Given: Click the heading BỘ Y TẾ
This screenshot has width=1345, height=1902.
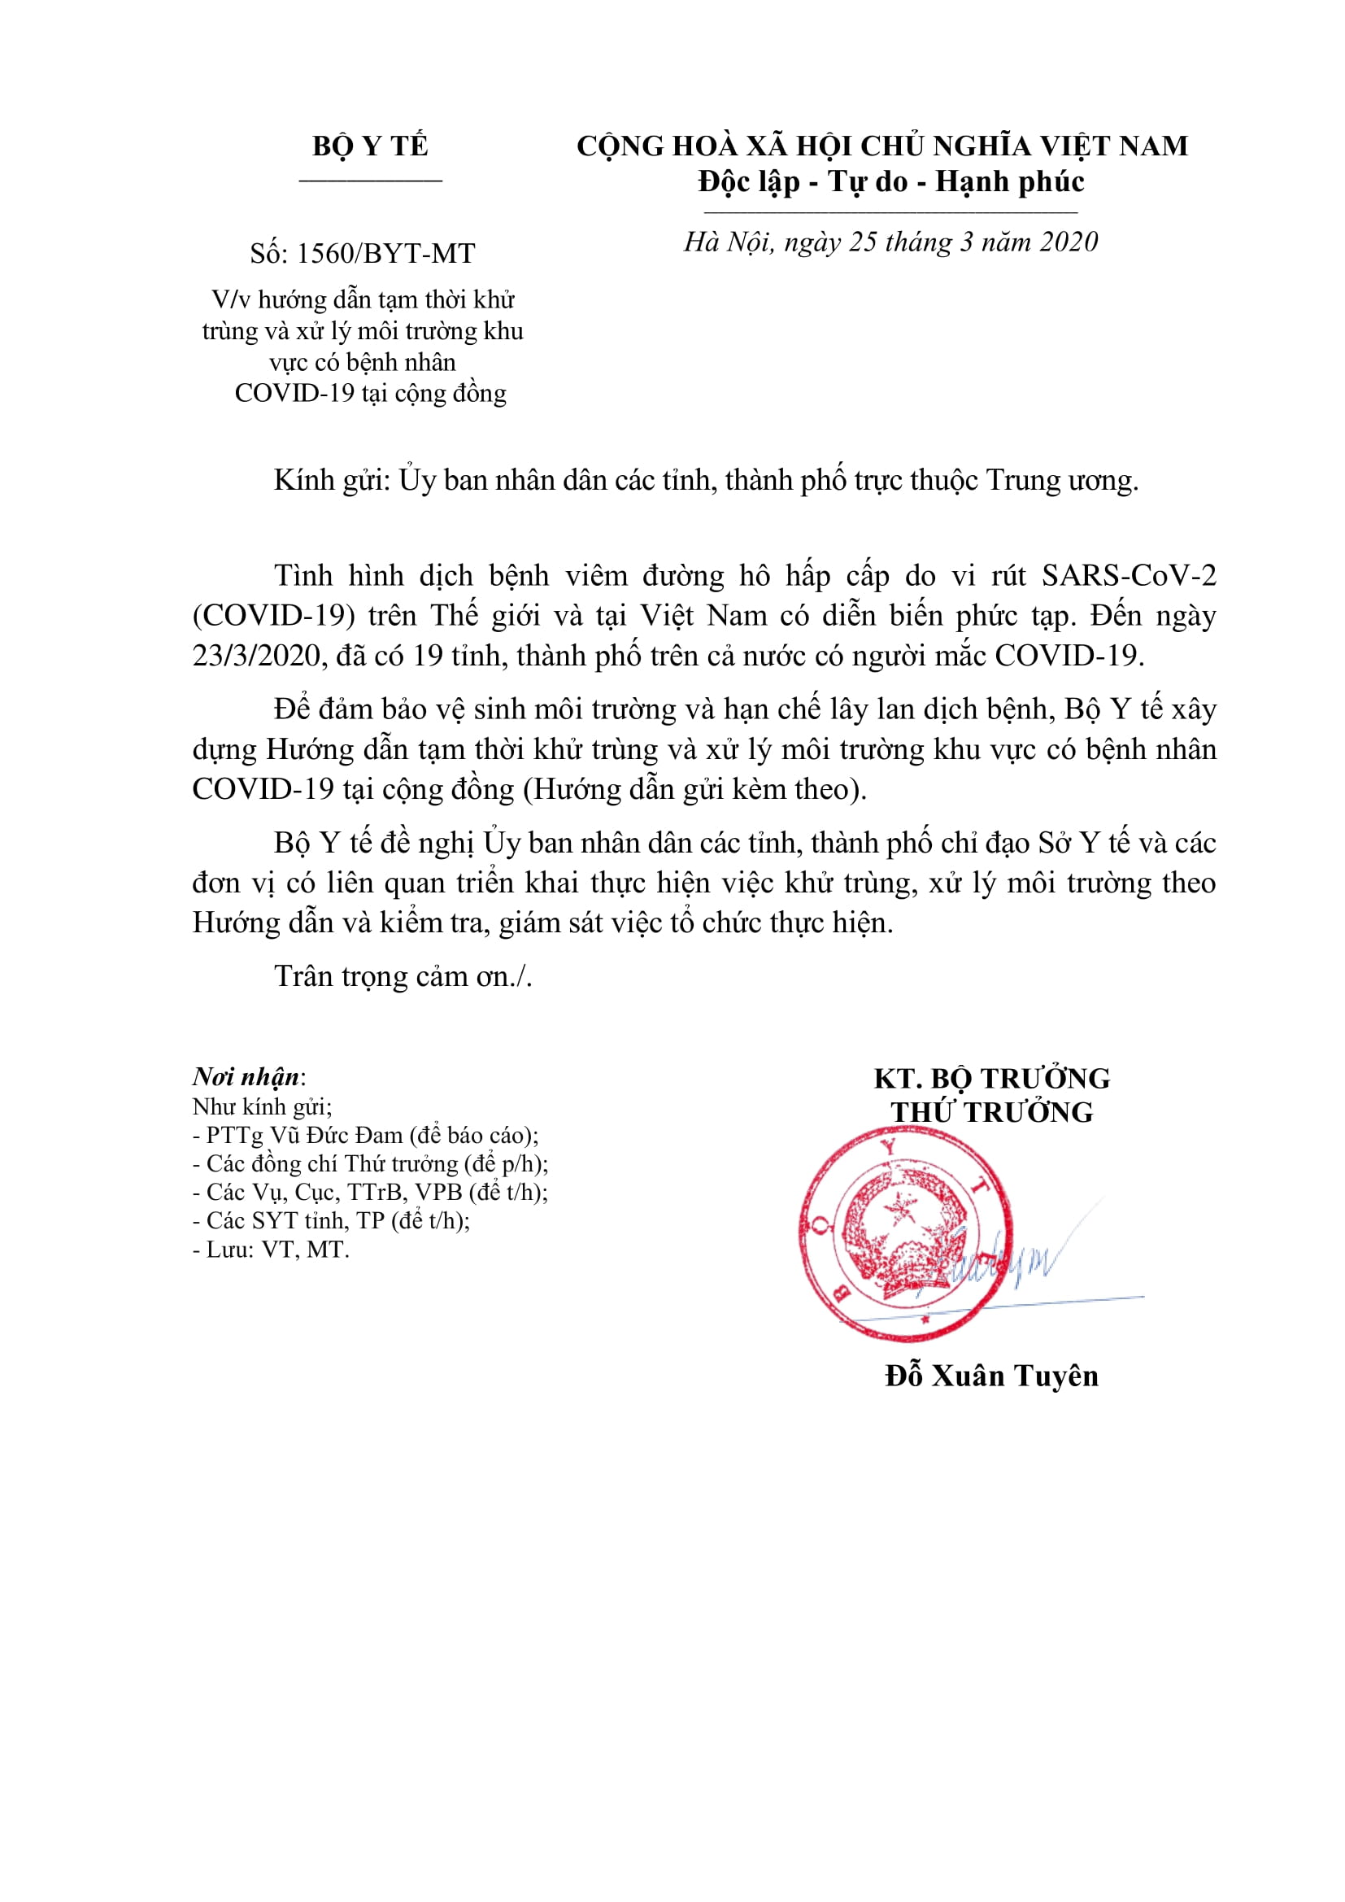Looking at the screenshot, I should coord(369,146).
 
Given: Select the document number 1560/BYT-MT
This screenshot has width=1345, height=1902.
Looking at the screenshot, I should coord(385,254).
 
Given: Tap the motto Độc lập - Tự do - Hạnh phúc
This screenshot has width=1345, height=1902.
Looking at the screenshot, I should coord(890,181).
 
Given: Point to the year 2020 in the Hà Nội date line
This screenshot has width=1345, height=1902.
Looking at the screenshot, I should coord(1069,242).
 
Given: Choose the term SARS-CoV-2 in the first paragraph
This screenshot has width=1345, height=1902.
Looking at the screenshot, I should coord(1129,576).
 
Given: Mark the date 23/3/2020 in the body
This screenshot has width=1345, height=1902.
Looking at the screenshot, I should coord(255,655).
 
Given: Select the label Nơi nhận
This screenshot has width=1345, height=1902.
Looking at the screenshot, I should coord(246,1077).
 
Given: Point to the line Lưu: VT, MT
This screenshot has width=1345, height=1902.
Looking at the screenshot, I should coord(271,1250).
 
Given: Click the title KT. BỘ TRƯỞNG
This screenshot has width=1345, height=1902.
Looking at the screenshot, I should coord(991,1079).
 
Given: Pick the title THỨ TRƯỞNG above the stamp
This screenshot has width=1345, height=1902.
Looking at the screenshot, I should coord(991,1112).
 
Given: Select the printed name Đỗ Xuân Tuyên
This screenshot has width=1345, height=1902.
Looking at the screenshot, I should coord(991,1376).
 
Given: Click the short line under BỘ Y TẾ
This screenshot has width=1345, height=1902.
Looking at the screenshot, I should coord(370,179).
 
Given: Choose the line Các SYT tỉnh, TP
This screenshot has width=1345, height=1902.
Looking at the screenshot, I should coord(331,1221).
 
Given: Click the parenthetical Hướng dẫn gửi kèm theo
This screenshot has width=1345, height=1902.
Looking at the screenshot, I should coord(694,788).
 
